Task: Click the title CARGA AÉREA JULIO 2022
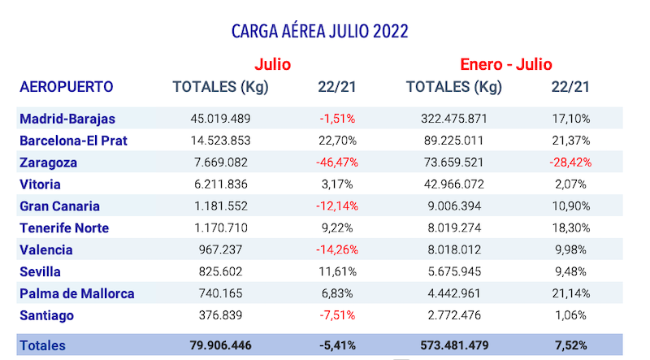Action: (319, 32)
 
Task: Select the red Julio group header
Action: (272, 64)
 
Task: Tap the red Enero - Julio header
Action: (506, 64)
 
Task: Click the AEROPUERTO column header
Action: (67, 87)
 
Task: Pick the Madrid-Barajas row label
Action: (67, 119)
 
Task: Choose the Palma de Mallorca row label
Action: (77, 293)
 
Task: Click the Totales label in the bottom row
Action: (43, 345)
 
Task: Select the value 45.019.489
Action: (220, 119)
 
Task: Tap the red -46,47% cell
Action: (336, 163)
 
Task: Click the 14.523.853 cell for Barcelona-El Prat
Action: (220, 141)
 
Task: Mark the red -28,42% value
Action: (570, 163)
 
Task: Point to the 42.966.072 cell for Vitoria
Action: (453, 184)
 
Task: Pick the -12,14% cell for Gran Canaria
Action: (336, 206)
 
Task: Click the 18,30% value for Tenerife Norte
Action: (570, 228)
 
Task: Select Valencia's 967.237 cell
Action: (220, 250)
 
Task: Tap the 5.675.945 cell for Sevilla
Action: (453, 272)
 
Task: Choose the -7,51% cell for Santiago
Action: (336, 315)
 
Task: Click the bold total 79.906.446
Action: (220, 345)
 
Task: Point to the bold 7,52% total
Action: (570, 345)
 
